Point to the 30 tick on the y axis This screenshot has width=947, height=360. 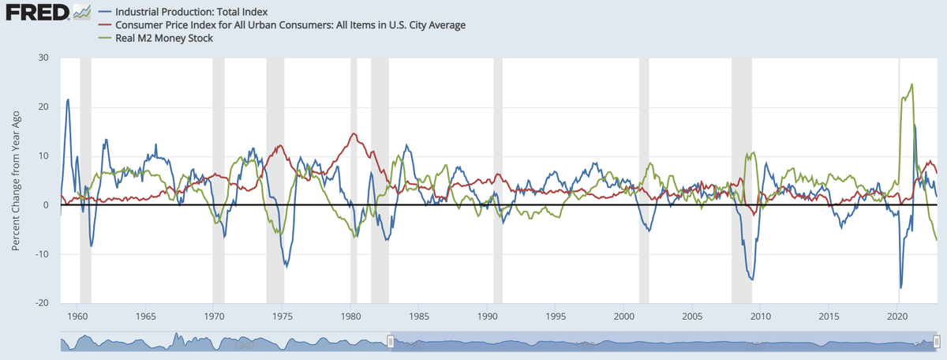(43, 58)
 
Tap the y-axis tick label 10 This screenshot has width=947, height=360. (43, 156)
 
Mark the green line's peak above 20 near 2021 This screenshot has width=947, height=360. (912, 84)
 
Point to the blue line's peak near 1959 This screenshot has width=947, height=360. (68, 99)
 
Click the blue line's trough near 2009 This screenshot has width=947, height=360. (752, 279)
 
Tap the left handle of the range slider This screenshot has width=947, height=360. (390, 341)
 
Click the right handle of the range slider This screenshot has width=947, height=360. (937, 341)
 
